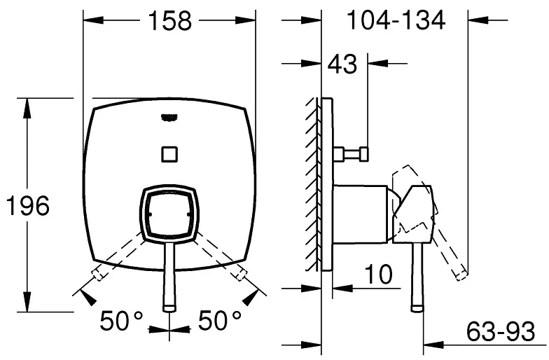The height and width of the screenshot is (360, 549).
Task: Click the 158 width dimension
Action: [x=170, y=21]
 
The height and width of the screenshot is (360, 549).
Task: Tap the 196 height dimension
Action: [x=28, y=206]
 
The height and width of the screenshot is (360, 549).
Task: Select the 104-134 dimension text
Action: [x=396, y=20]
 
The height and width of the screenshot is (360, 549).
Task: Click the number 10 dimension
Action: [x=378, y=274]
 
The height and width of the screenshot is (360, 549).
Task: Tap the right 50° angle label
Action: [x=220, y=321]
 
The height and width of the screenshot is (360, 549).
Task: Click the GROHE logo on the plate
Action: [x=169, y=118]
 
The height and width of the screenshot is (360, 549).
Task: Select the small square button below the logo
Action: [x=169, y=154]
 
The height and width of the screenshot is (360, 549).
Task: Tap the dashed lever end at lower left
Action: [x=98, y=273]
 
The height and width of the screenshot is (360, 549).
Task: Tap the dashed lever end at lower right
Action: [x=241, y=273]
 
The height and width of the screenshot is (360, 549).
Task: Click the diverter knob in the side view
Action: [x=351, y=154]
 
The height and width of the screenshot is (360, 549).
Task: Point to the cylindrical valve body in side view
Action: [x=360, y=214]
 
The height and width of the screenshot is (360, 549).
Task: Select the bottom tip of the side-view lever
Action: [x=417, y=308]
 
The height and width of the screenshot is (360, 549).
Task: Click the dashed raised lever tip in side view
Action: [x=461, y=275]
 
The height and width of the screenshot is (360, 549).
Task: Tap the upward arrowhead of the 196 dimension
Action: [x=27, y=108]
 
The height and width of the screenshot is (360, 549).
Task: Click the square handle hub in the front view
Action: [x=169, y=214]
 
